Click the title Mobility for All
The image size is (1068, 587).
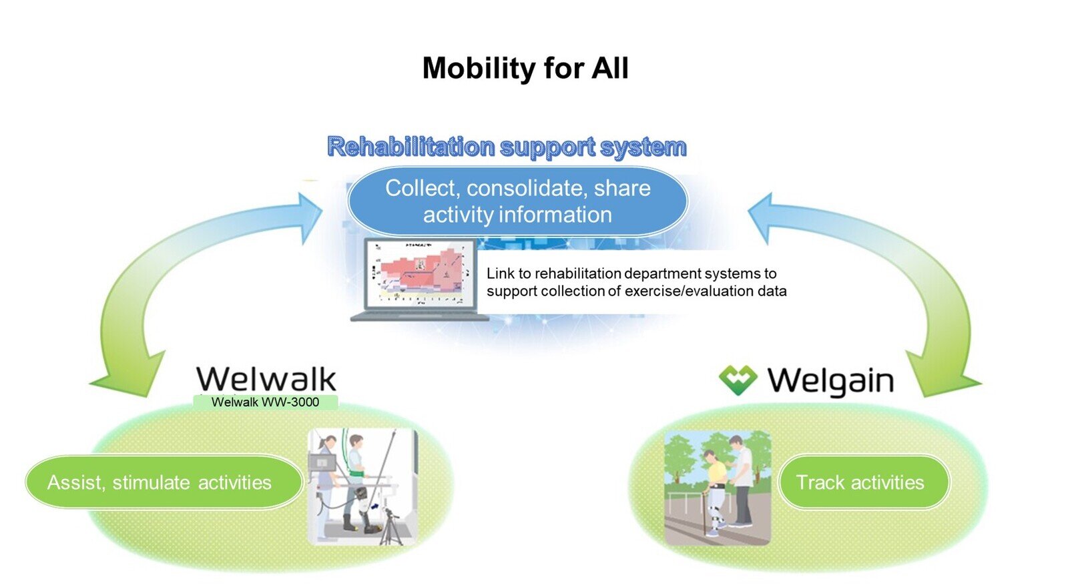pos(525,68)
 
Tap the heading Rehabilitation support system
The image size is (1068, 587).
pos(507,146)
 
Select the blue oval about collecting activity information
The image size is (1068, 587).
pos(517,201)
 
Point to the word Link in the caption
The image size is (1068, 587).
pos(500,273)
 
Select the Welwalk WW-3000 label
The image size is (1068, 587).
pos(265,402)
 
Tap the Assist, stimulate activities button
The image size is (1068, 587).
pos(160,482)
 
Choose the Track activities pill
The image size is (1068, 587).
pos(860,482)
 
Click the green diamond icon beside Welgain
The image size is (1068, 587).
pos(738,380)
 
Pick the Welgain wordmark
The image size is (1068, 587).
pos(830,381)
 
